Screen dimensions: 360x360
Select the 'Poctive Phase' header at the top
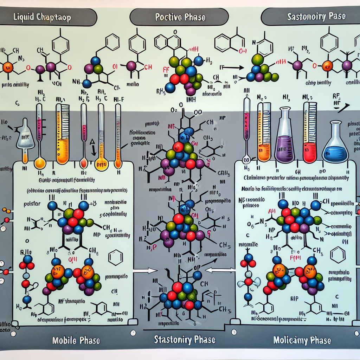[x=179, y=17]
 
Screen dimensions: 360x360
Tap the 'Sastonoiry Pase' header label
[x=316, y=16]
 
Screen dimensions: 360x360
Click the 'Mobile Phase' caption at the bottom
[x=76, y=340]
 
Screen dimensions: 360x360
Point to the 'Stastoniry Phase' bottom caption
[x=185, y=340]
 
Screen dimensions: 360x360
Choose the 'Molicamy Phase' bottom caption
[x=302, y=340]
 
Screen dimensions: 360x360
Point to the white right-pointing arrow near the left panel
[x=146, y=270]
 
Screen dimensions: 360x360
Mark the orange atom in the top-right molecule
[x=327, y=65]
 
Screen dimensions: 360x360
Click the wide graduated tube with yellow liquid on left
[x=63, y=134]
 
